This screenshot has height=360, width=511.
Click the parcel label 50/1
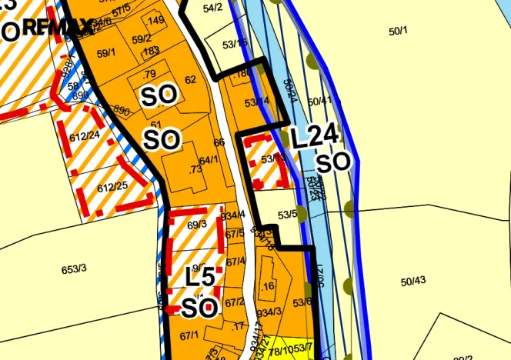pos(398,31)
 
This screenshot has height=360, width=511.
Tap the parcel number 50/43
pos(413,280)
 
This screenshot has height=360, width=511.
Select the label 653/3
pos(75,268)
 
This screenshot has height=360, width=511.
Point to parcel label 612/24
pos(85,135)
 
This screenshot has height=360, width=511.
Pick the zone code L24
pos(315,137)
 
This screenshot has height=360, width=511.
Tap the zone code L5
pos(201,276)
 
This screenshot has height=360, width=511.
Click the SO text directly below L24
pos(333,162)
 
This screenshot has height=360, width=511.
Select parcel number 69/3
pos(197,225)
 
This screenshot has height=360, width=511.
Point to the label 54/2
pos(212,8)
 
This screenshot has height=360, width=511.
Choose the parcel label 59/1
pos(106,53)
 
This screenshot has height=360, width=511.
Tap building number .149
pos(155,20)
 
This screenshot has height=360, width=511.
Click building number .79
pos(149,74)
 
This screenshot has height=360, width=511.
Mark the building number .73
pos(195,169)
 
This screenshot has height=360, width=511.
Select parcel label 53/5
pos(287,215)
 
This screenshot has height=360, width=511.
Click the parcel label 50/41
pos(319,101)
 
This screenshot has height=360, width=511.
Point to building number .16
pos(268,286)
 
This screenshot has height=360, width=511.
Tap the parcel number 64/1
pos(209,160)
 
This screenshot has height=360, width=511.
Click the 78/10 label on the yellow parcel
pos(280,351)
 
